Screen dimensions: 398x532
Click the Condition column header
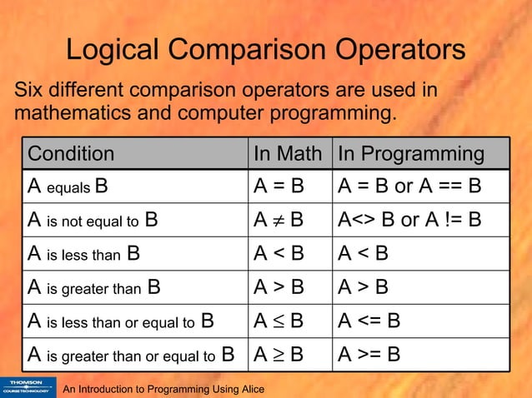[x=72, y=154]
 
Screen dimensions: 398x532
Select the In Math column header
[x=288, y=154]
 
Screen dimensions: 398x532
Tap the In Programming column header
[x=410, y=154]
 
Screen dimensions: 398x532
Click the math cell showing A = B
[x=279, y=187]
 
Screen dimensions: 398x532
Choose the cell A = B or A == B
[x=409, y=187]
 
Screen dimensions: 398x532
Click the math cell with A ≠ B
[x=279, y=221]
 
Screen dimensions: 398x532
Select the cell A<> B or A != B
[x=409, y=221]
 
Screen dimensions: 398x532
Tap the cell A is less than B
[x=83, y=254]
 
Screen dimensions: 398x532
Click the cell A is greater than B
[x=94, y=287]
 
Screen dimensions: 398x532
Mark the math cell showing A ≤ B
[x=279, y=321]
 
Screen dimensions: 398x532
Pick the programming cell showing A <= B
[x=369, y=321]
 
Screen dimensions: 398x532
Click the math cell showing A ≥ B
[x=279, y=354]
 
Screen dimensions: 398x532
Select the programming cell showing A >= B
[x=369, y=354]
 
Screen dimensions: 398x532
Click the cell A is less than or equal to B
[x=121, y=321]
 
